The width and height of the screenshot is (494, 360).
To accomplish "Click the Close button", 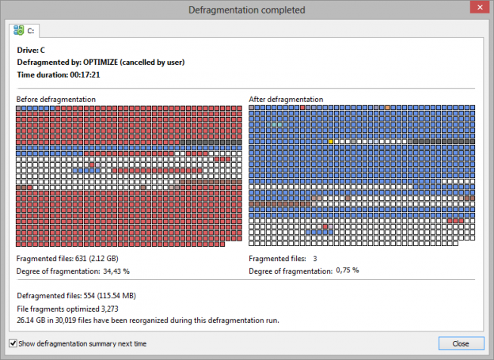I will [461, 343].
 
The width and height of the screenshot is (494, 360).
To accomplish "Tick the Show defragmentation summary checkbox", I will [13, 344].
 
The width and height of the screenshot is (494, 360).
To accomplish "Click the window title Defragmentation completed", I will [245, 9].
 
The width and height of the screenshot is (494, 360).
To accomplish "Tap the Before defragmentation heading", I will [56, 100].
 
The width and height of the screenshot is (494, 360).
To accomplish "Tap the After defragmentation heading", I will [286, 100].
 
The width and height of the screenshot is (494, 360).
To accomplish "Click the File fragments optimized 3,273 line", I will [67, 309].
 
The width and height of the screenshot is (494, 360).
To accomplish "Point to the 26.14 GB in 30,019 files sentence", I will [148, 320].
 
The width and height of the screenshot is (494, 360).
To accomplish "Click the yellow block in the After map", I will [331, 142].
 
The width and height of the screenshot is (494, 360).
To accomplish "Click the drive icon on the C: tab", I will [18, 30].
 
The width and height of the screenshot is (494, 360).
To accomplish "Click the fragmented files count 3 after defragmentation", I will [314, 259].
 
